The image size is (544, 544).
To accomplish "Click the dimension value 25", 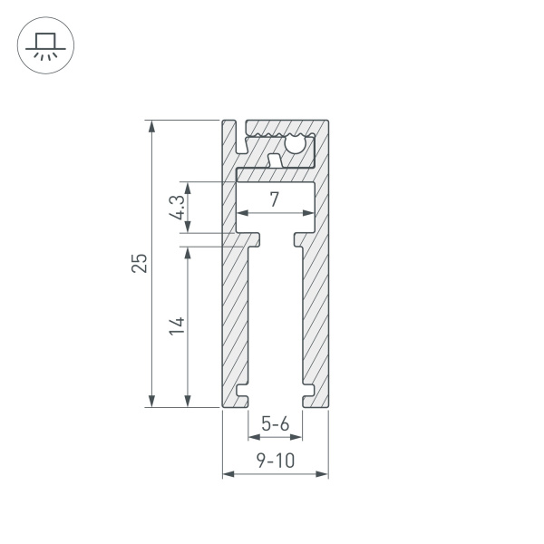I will coord(139,263).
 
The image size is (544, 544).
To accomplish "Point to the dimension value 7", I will coord(274,199).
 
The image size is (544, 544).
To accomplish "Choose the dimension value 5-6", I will coord(275,423).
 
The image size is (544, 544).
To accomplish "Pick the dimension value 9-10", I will coord(275,461).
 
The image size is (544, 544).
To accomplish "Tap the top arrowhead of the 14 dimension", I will coord(188,251).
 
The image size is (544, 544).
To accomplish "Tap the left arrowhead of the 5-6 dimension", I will coord(253,436).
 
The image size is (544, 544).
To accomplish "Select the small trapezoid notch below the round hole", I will coord(274,160).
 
